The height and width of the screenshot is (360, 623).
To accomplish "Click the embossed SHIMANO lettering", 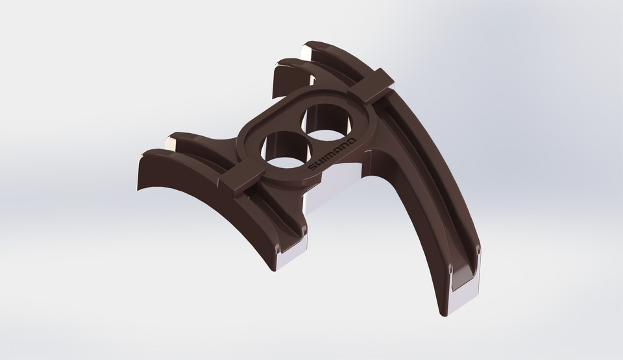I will [331, 154].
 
